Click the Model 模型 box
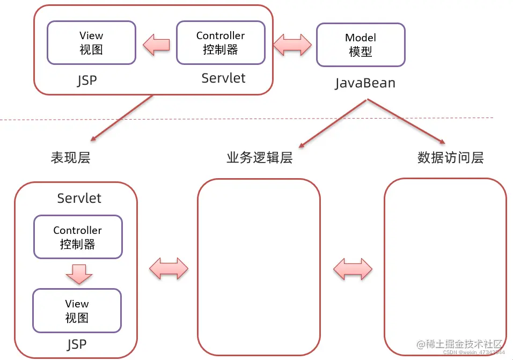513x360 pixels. click(x=361, y=45)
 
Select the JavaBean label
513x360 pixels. click(x=365, y=83)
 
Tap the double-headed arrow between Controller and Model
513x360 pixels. click(x=292, y=45)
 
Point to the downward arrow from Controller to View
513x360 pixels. click(x=79, y=274)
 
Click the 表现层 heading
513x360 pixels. click(x=70, y=158)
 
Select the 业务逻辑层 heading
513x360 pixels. click(x=259, y=158)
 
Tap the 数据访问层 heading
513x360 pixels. click(x=450, y=158)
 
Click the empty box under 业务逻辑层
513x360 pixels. click(x=259, y=267)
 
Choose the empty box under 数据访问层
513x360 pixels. click(x=445, y=267)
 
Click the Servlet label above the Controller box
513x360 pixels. click(x=79, y=198)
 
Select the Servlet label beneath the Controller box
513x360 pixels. click(x=223, y=78)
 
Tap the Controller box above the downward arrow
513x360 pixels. click(x=78, y=237)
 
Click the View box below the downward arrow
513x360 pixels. click(x=77, y=311)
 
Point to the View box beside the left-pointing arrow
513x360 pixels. click(x=91, y=43)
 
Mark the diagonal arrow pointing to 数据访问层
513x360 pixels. click(x=407, y=122)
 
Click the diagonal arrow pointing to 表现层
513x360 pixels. click(x=122, y=119)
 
